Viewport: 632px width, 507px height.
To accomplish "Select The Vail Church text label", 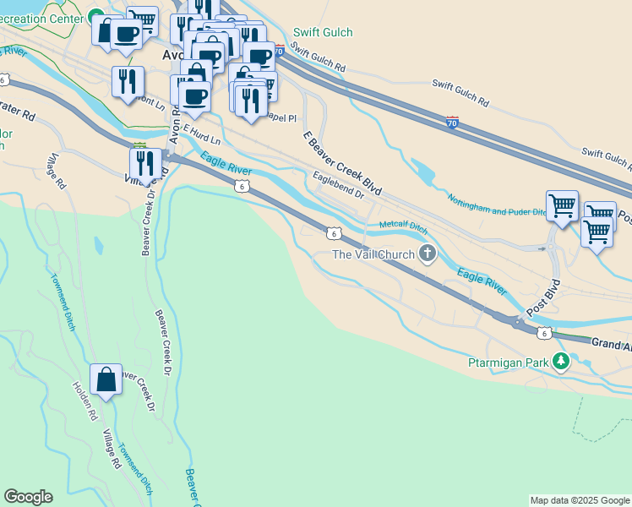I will coord(373,254).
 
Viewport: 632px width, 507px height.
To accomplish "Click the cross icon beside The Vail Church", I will coord(428,253).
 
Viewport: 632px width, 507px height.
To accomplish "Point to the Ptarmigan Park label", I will coord(508,363).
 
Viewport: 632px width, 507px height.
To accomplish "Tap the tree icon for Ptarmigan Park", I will coord(560,363).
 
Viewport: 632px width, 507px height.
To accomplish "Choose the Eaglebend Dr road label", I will coord(337,185).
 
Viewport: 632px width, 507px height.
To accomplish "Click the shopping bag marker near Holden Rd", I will coord(107,380).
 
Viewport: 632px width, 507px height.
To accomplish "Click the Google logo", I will coord(28,497).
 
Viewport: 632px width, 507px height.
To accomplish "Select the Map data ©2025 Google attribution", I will coord(580,500).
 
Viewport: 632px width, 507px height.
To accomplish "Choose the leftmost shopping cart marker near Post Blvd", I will coord(562,205).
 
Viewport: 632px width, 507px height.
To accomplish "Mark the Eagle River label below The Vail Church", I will coord(482,281).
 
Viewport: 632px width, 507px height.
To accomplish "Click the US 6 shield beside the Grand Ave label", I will coord(546,333).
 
